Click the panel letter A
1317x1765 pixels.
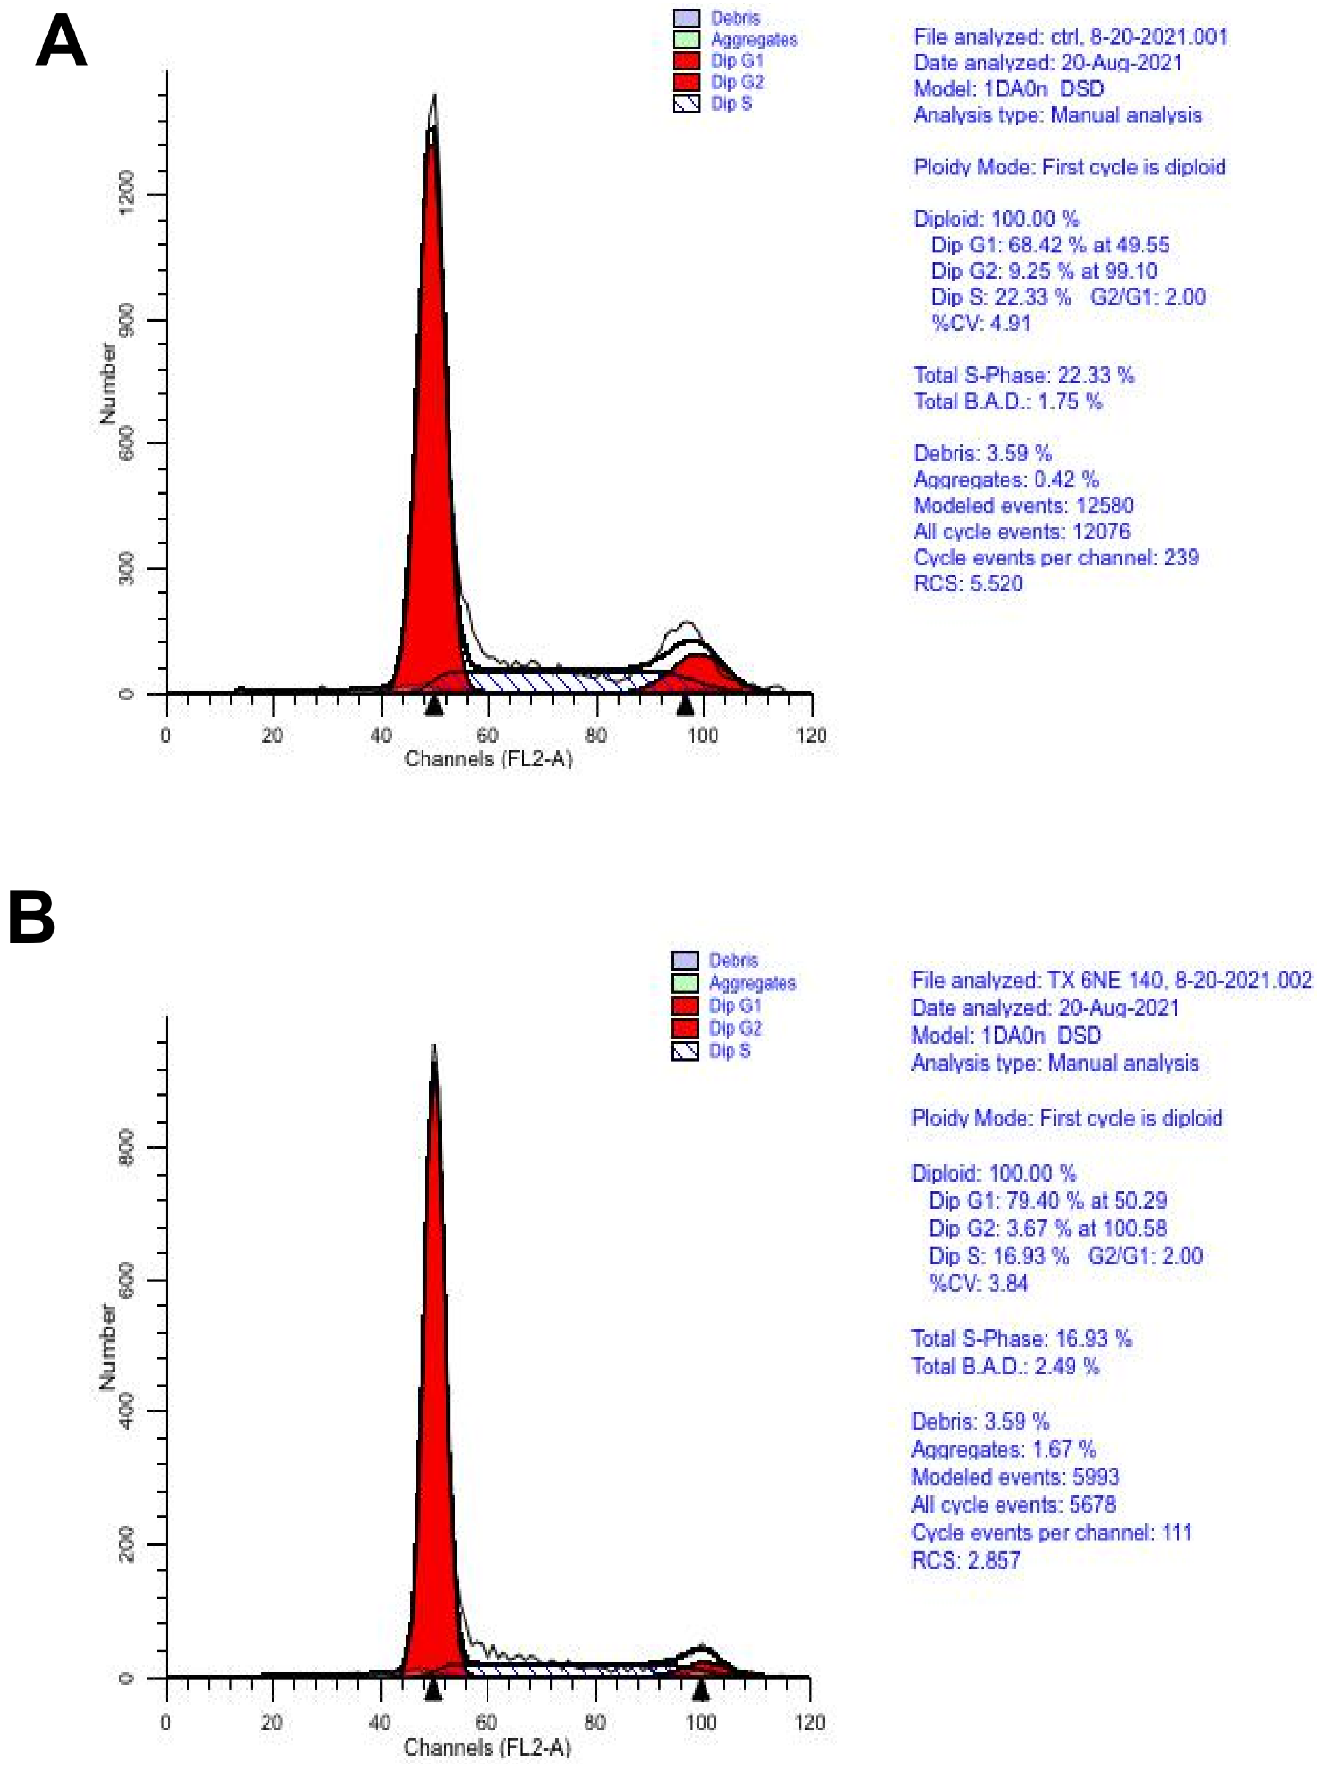point(61,44)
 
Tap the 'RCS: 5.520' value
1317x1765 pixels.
point(968,583)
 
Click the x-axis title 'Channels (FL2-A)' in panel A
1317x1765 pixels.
point(488,759)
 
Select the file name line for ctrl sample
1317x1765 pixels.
point(1070,37)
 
